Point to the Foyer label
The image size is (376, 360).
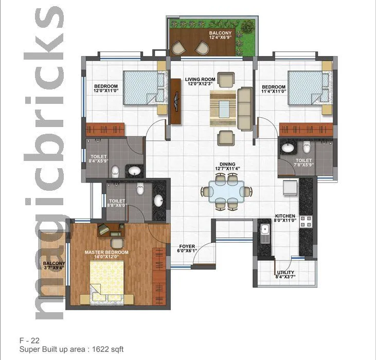tap(186, 248)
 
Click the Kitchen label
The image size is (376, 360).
tap(285, 218)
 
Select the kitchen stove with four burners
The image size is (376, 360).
tap(306, 221)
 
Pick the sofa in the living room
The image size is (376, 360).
tap(244, 108)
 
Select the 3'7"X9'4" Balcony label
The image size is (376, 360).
tap(54, 266)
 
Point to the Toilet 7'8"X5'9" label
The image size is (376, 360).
tap(303, 163)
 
